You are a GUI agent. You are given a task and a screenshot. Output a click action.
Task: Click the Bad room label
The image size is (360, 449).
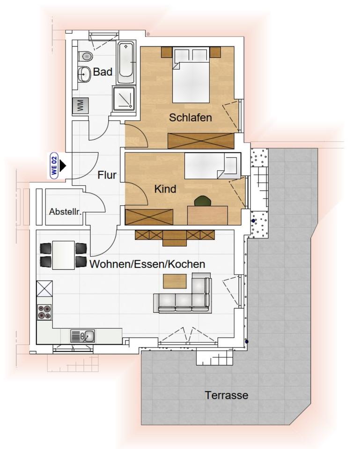pos(103,72)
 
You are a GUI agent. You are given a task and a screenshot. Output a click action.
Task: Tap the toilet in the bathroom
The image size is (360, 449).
pos(86,57)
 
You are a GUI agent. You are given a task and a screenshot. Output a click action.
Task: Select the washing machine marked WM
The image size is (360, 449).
pos(80,105)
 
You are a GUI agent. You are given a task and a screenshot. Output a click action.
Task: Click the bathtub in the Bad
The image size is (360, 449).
pos(126,63)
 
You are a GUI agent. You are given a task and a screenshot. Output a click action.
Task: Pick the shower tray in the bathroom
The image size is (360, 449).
pos(124,98)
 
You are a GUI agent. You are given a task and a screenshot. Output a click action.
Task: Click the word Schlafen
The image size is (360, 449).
pos(191,117)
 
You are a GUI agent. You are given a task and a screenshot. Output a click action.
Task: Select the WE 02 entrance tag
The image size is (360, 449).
pos(54,166)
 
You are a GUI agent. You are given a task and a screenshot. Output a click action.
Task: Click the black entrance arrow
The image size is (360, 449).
pos(63,166)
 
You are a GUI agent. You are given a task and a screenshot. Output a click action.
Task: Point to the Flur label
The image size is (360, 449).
pos(107,175)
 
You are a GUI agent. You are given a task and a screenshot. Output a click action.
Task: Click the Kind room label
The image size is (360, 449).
pos(165,189)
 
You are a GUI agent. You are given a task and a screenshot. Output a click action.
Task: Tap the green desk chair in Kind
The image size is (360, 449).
pos(202,201)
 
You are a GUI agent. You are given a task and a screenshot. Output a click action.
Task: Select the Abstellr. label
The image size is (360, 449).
pos(66,212)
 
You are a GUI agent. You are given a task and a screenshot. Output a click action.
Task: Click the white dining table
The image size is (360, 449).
pos(64,255)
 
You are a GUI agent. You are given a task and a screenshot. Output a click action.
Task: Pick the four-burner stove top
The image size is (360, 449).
pos(44,311)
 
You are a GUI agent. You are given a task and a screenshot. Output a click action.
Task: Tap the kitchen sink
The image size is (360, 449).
pos(82,336)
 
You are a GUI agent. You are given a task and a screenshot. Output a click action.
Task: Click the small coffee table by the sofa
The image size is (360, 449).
pos(175,281)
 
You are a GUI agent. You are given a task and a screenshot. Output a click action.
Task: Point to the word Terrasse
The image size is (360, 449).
pos(227,395)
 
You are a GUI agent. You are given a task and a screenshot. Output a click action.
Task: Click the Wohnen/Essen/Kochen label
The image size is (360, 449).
pos(147,264)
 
